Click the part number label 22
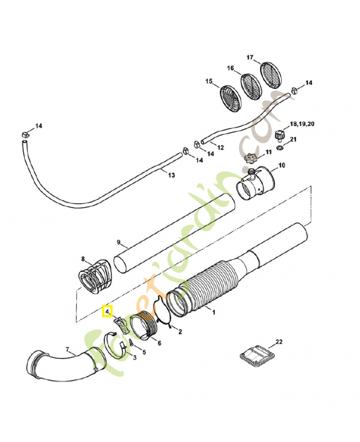tap(279, 342)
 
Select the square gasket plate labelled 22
tap(256, 355)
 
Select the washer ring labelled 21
tap(280, 148)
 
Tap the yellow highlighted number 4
tap(107, 312)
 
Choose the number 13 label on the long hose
tap(171, 175)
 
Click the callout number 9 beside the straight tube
tap(118, 242)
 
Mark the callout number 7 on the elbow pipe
tap(68, 349)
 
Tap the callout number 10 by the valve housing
tap(281, 165)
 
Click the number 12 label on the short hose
tap(220, 148)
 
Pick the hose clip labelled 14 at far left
tap(25, 134)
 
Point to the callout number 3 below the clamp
tap(134, 358)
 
